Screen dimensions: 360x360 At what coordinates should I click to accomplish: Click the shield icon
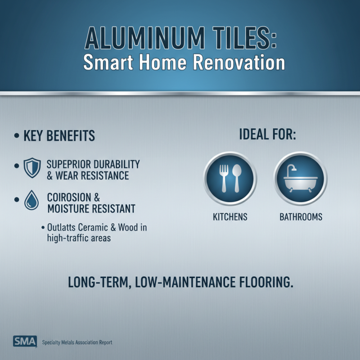tap(29, 168)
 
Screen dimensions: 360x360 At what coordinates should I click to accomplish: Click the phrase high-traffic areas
tap(79, 238)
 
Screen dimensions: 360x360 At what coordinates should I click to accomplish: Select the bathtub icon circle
tap(301, 178)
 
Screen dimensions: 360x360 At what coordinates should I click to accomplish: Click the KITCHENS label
tap(230, 217)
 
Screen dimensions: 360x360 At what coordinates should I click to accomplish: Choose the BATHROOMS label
tap(301, 217)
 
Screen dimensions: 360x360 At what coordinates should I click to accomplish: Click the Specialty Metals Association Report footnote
tap(77, 342)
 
